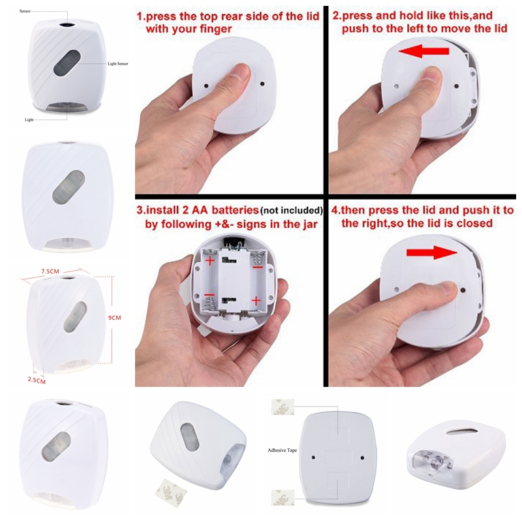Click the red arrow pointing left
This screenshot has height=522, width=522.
[423, 52]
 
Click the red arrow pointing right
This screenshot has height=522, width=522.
[432, 253]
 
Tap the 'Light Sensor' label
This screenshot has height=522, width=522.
[118, 63]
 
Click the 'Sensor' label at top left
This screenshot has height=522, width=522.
[25, 11]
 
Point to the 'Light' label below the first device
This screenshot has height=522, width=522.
[29, 119]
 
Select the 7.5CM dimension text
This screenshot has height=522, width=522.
[50, 271]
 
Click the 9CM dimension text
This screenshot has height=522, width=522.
[115, 318]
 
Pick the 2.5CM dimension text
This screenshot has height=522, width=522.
[37, 380]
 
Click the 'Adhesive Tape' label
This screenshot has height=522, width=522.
[282, 450]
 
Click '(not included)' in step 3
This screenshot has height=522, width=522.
[292, 210]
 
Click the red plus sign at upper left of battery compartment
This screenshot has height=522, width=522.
[209, 260]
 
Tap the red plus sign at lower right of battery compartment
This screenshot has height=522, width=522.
[256, 301]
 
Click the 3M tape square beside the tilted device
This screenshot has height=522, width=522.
[170, 493]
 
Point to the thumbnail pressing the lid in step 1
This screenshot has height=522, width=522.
[240, 70]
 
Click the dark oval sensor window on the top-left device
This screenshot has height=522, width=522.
[67, 63]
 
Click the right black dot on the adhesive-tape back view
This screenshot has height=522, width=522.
[363, 458]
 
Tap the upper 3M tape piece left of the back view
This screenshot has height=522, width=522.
[283, 407]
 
